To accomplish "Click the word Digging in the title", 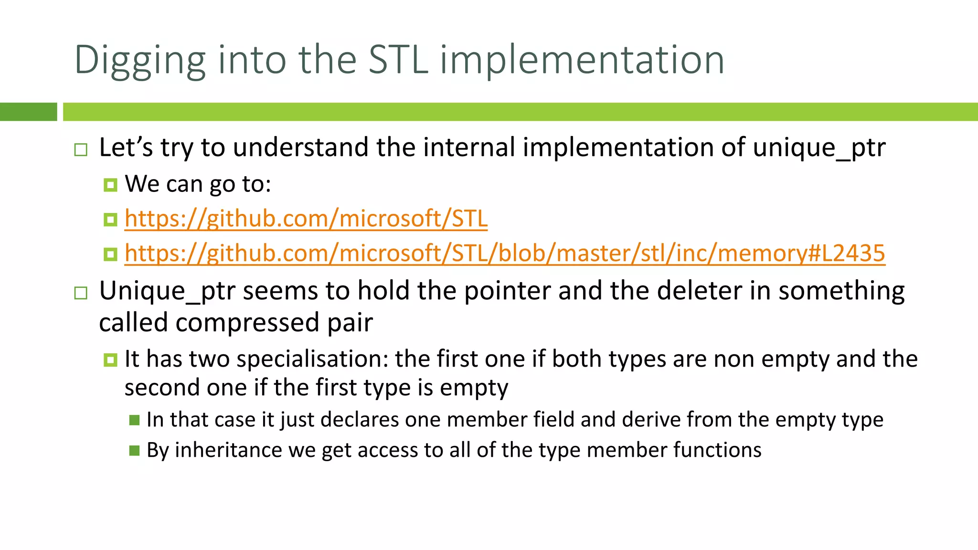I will pyautogui.click(x=140, y=61).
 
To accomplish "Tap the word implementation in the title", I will pyautogui.click(x=582, y=61).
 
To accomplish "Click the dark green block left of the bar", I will pyautogui.click(x=28, y=112).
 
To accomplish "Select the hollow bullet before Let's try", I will pyautogui.click(x=81, y=150).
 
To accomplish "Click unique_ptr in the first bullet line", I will pyautogui.click(x=819, y=148).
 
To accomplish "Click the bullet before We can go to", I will pyautogui.click(x=110, y=185).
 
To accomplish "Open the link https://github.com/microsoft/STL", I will pyautogui.click(x=306, y=219).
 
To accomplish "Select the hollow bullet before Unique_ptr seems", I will pyautogui.click(x=81, y=293).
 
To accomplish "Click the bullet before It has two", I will pyautogui.click(x=110, y=360).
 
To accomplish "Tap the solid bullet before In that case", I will pyautogui.click(x=134, y=420).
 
